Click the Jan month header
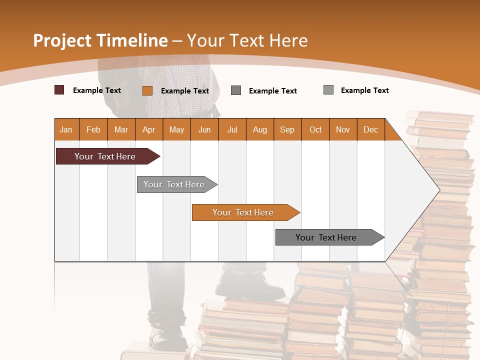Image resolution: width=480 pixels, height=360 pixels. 66,130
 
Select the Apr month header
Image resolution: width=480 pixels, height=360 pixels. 148,130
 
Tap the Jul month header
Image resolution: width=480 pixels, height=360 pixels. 232,130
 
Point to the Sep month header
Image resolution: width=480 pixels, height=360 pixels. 287,130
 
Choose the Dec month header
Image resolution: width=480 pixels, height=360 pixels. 370,130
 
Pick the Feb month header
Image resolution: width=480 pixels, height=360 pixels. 93,130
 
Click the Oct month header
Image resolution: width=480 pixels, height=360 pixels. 315,130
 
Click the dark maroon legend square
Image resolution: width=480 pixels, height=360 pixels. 59,90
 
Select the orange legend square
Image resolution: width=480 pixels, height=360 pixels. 147,90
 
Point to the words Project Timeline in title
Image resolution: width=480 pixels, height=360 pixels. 100,40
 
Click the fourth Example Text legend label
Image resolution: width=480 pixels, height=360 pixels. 364,90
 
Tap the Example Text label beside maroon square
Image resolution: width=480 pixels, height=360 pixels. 97,90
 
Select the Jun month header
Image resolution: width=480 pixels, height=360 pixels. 204,130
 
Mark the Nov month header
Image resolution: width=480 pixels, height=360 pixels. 343,130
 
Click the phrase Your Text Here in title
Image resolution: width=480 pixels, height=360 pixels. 247,40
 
